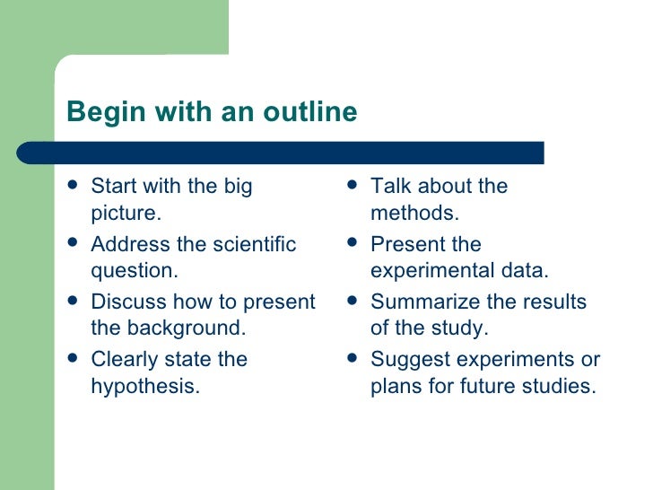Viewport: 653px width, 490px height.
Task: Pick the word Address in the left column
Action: click(x=125, y=244)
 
